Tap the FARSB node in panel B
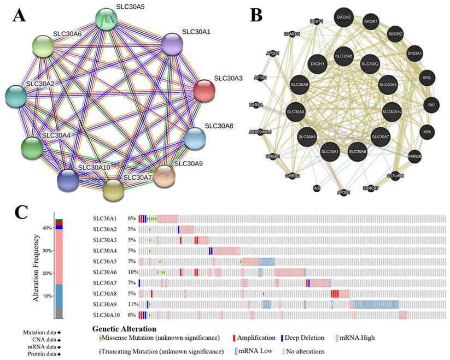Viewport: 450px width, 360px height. point(414,156)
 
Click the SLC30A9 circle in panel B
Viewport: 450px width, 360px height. point(300,85)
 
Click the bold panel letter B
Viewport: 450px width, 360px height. point(257,15)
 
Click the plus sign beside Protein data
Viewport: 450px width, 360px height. point(59,355)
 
